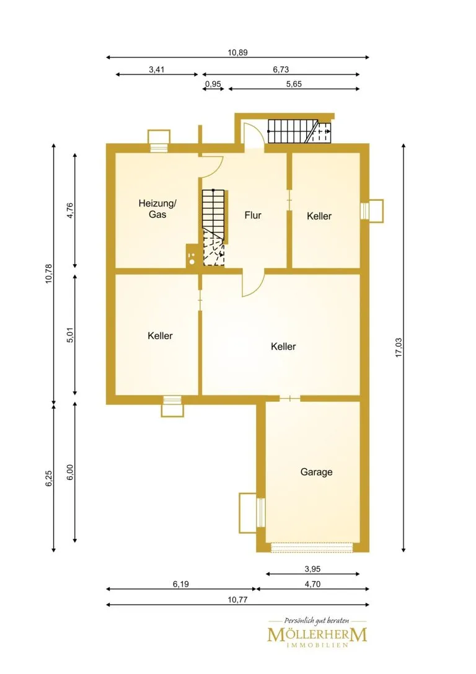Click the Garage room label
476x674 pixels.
(316, 472)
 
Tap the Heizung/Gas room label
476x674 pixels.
(157, 208)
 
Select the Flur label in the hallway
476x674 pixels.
(253, 215)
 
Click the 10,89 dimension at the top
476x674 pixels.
(237, 53)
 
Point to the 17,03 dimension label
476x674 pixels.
(399, 347)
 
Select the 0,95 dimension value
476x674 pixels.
(213, 84)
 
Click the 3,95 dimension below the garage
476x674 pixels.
(312, 569)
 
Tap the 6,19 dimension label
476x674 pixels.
(181, 583)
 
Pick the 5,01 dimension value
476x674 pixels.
(71, 335)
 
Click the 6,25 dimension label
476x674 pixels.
(48, 479)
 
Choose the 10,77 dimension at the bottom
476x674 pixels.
(237, 599)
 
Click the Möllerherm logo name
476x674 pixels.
(317, 634)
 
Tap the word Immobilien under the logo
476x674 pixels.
(317, 645)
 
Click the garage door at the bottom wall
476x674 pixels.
(312, 548)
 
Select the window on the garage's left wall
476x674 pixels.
(260, 512)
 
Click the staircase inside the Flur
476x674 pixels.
(213, 228)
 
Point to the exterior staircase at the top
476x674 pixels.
(300, 131)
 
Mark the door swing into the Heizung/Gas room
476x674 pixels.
(211, 167)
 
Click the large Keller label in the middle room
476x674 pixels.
(283, 346)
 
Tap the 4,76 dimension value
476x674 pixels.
(71, 210)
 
